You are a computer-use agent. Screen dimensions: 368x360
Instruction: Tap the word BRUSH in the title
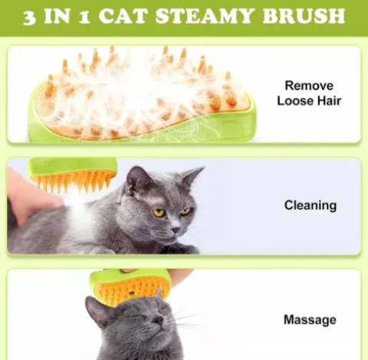[x=304, y=16]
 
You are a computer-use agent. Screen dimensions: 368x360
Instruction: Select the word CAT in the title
[x=123, y=16]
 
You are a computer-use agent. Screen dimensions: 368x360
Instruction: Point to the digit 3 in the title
[x=30, y=18]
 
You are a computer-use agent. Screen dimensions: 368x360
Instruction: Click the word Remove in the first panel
[x=309, y=86]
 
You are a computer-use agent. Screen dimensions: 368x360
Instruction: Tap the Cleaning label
[x=310, y=205]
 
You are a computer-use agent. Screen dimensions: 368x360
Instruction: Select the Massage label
[x=310, y=319]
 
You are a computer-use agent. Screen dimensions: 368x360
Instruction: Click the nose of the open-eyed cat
[x=176, y=229]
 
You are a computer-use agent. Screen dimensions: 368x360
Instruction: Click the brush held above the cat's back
[x=72, y=173]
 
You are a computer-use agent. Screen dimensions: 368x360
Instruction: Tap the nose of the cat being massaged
[x=158, y=320]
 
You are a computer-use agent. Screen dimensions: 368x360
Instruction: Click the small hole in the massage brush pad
[x=132, y=293]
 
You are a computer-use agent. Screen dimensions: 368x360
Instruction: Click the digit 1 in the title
[x=84, y=18]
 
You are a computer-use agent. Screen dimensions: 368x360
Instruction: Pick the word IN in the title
[x=57, y=16]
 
